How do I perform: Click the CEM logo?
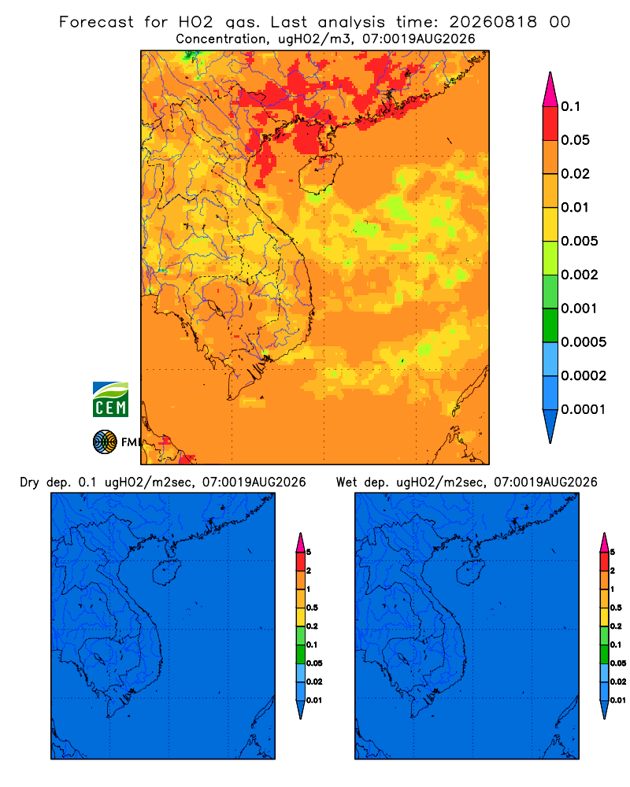[x=110, y=400]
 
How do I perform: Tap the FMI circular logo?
[x=105, y=442]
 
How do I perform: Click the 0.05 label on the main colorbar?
[x=575, y=140]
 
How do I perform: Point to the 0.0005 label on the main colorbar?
[x=584, y=342]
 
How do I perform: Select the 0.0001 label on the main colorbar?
[x=584, y=409]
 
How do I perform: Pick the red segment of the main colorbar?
[x=550, y=124]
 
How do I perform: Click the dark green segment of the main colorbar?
[x=550, y=325]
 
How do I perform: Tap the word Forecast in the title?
[x=96, y=22]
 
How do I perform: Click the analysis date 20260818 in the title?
[x=493, y=22]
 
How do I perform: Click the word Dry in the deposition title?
[x=30, y=483]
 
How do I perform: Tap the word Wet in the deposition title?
[x=346, y=482]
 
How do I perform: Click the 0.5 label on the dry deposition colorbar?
[x=312, y=608]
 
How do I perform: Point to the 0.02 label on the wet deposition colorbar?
[x=618, y=682]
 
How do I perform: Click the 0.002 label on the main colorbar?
[x=580, y=275]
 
